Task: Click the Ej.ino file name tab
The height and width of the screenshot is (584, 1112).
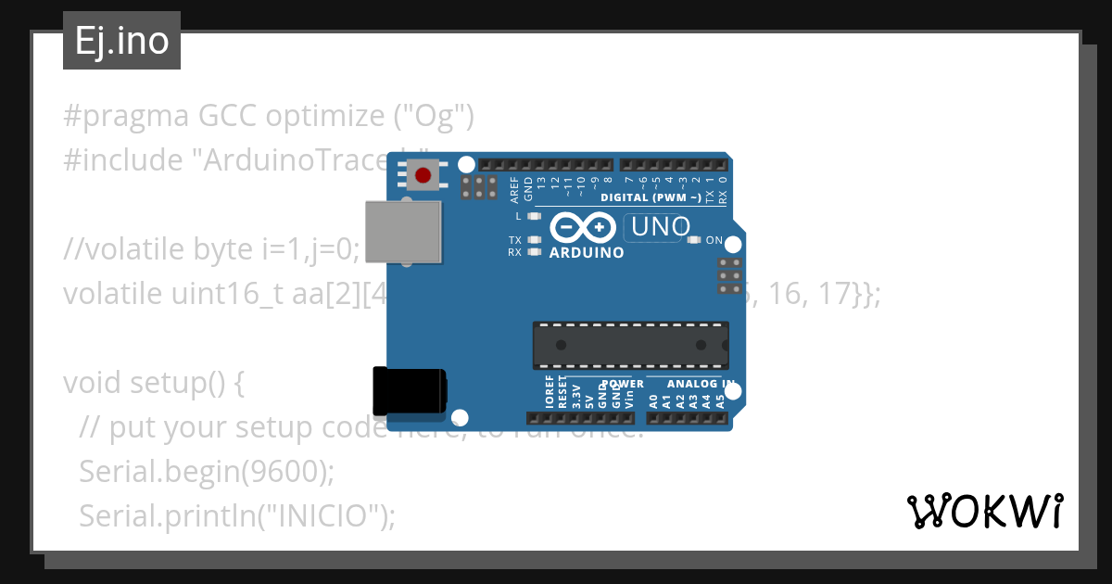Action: (121, 42)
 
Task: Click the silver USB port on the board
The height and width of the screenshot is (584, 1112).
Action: (403, 230)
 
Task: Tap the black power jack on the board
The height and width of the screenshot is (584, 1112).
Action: (409, 390)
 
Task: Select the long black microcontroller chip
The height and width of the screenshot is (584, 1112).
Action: (630, 345)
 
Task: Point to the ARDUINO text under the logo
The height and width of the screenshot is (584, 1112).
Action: (587, 252)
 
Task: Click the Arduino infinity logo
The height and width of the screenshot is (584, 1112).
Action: (583, 227)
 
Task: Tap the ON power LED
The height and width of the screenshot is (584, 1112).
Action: (693, 240)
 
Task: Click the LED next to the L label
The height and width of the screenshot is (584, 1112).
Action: (533, 216)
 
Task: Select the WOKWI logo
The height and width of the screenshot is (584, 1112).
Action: (985, 511)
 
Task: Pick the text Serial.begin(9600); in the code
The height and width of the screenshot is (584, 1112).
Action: (206, 471)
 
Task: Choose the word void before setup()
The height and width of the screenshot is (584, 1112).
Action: (93, 383)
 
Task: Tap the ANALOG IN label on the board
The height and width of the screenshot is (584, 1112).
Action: (701, 384)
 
